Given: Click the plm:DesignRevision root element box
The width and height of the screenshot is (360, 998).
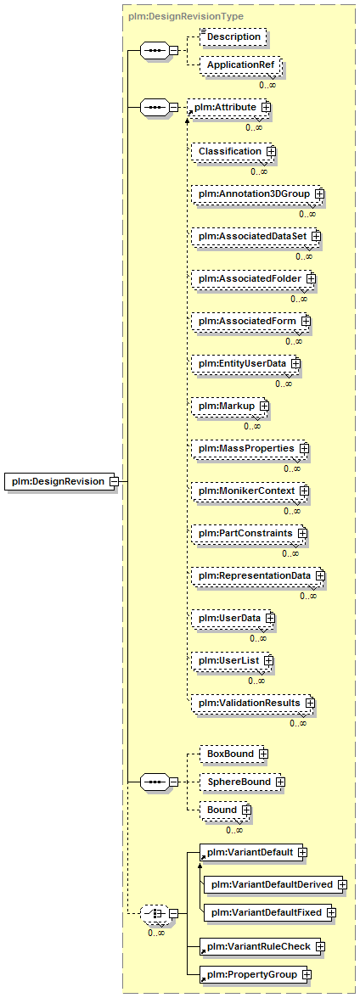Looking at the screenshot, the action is (61, 481).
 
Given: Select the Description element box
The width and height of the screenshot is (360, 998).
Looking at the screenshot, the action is (233, 37).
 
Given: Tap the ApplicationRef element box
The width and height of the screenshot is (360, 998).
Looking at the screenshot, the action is (239, 66).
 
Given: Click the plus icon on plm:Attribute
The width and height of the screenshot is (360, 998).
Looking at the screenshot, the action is (265, 108).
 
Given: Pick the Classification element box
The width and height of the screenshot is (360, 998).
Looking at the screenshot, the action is (233, 151).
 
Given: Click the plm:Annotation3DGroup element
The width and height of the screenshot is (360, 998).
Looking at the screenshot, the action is (257, 193).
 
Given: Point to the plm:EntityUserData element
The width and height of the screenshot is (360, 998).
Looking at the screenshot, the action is (246, 363).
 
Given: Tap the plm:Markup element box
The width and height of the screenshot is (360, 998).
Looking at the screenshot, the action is (230, 406).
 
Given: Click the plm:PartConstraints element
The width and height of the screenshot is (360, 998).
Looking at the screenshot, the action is (250, 532).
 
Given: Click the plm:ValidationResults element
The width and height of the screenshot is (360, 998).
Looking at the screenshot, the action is (254, 702).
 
